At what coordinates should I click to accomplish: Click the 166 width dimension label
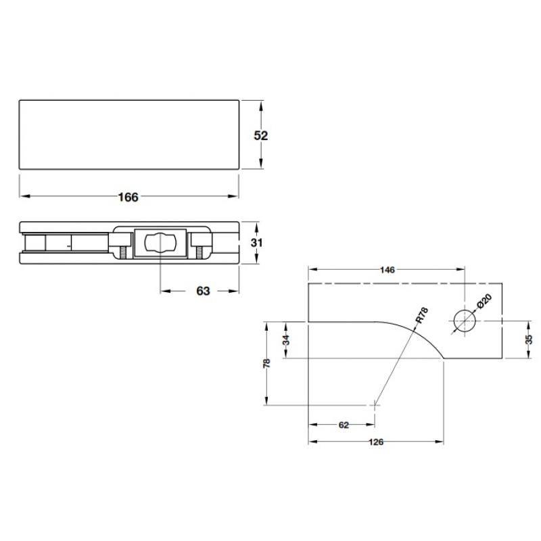coord(128,197)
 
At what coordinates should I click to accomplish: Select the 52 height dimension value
coord(261,135)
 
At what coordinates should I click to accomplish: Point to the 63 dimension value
coord(203,291)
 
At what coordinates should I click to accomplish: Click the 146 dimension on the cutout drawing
coord(387,269)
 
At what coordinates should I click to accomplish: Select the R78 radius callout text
coord(421,316)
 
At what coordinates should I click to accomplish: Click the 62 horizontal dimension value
coord(343,425)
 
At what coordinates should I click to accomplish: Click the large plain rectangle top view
coord(128,134)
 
